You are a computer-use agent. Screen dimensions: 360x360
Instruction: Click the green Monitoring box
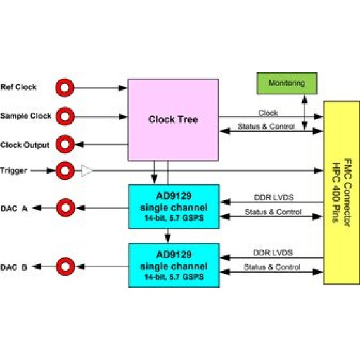pos(286,83)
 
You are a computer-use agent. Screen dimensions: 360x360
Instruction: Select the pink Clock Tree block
pos(173,120)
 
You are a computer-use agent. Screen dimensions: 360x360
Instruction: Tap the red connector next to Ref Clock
pos(65,87)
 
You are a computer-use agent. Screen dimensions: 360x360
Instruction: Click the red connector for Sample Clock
pos(65,117)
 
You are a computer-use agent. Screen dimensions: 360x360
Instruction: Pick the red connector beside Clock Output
pos(65,144)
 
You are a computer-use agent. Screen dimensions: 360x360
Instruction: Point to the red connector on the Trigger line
pos(65,170)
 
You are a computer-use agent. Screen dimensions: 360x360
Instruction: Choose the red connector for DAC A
pos(66,208)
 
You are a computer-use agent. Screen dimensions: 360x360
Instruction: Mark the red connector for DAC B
pos(65,267)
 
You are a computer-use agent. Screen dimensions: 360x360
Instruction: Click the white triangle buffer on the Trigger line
pos(87,171)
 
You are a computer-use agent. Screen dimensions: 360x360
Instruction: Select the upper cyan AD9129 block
pos(174,207)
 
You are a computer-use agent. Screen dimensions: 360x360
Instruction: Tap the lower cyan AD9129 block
pos(174,265)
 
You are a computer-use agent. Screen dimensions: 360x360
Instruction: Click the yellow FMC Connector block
pos(341,193)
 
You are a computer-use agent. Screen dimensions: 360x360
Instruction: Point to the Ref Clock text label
pos(18,87)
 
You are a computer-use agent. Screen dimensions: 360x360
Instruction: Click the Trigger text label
pos(13,171)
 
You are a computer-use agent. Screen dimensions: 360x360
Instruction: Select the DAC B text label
pos(14,267)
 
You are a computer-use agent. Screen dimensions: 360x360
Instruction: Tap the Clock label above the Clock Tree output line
pos(268,113)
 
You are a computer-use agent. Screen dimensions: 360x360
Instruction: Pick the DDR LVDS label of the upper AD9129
pos(274,198)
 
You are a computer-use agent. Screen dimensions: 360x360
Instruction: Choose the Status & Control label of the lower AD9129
pos(272,267)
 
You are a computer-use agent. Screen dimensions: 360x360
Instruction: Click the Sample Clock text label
pos(26,116)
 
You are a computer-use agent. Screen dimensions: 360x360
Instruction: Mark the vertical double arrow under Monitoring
pos(305,113)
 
